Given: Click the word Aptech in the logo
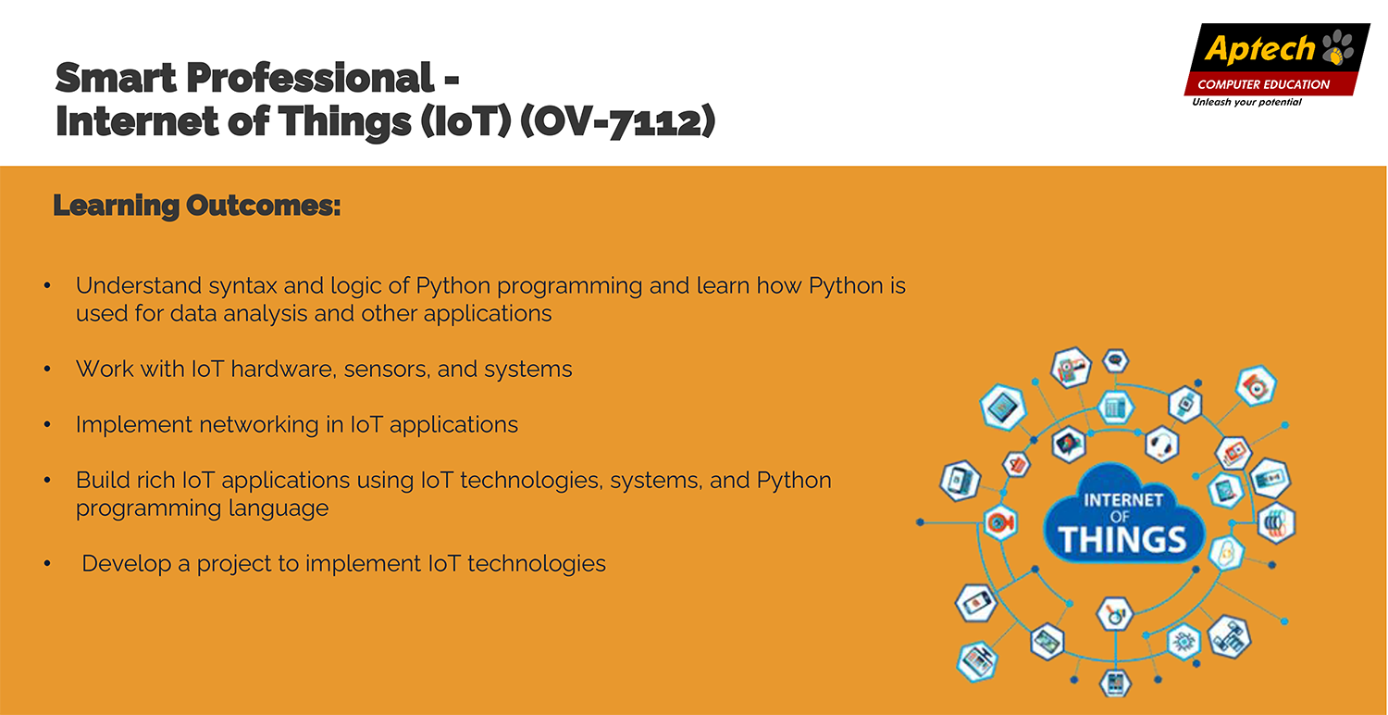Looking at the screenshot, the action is [x=1260, y=49].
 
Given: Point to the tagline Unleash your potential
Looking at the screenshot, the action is [x=1246, y=102].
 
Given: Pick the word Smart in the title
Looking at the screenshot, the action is [x=116, y=78].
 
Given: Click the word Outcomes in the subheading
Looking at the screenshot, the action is [x=264, y=206].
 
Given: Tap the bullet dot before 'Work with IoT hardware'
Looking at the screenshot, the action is [x=48, y=369].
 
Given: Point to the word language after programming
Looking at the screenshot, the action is [x=279, y=509].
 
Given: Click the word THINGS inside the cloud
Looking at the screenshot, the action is [x=1122, y=539].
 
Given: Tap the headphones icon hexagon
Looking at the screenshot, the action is [x=1161, y=444].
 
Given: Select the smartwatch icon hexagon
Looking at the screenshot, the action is [x=1184, y=405].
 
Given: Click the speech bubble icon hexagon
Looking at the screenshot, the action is [x=1115, y=360].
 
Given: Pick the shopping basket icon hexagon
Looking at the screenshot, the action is [x=1016, y=464].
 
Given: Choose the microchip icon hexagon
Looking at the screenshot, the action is [x=1184, y=641].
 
